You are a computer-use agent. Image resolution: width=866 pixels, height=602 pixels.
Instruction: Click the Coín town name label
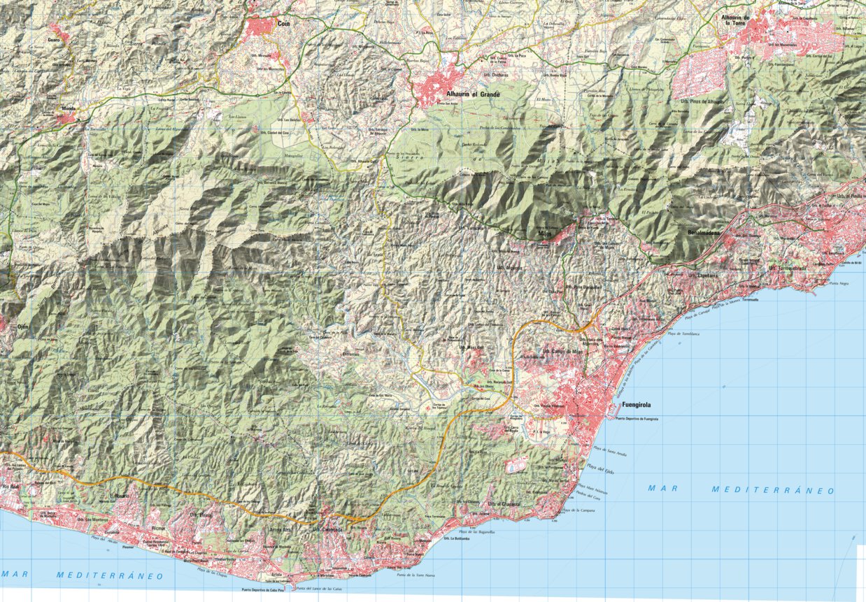(283, 23)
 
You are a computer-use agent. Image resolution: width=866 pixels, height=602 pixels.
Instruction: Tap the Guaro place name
(55, 40)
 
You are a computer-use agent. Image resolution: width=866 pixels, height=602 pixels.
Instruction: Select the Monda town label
(68, 108)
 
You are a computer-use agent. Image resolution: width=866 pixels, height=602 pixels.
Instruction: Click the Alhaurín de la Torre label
(737, 20)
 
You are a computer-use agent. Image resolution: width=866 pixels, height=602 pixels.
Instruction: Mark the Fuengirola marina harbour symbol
(613, 417)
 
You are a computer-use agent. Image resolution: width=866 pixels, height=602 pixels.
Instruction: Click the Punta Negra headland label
(839, 283)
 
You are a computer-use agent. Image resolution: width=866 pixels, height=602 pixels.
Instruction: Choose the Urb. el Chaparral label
(505, 504)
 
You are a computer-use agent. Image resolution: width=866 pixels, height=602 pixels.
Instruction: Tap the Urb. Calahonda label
(327, 530)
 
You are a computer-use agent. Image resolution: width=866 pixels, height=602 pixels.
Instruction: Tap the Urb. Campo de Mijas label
(562, 352)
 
